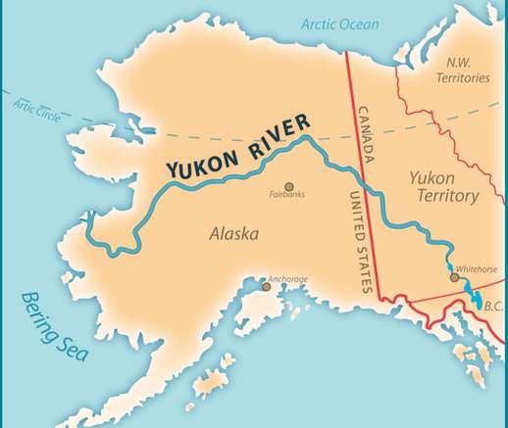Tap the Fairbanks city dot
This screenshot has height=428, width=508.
coord(288,185)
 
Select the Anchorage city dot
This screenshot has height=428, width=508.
coord(265,286)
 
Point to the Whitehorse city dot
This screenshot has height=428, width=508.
coord(454,277)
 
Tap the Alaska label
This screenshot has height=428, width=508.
coord(233,234)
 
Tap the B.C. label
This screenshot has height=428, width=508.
coord(493,307)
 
